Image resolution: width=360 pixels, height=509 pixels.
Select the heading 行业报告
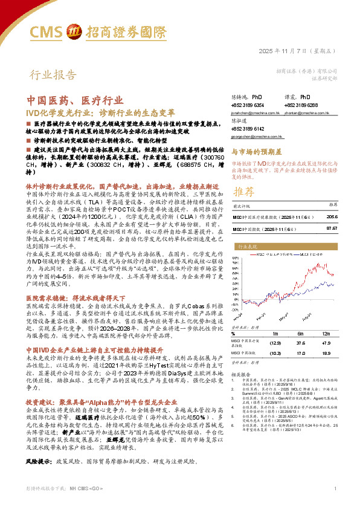[x=54, y=76]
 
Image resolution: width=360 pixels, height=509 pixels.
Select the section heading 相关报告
[x=243, y=374]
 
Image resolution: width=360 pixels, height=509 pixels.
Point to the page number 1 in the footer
[x=334, y=505]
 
